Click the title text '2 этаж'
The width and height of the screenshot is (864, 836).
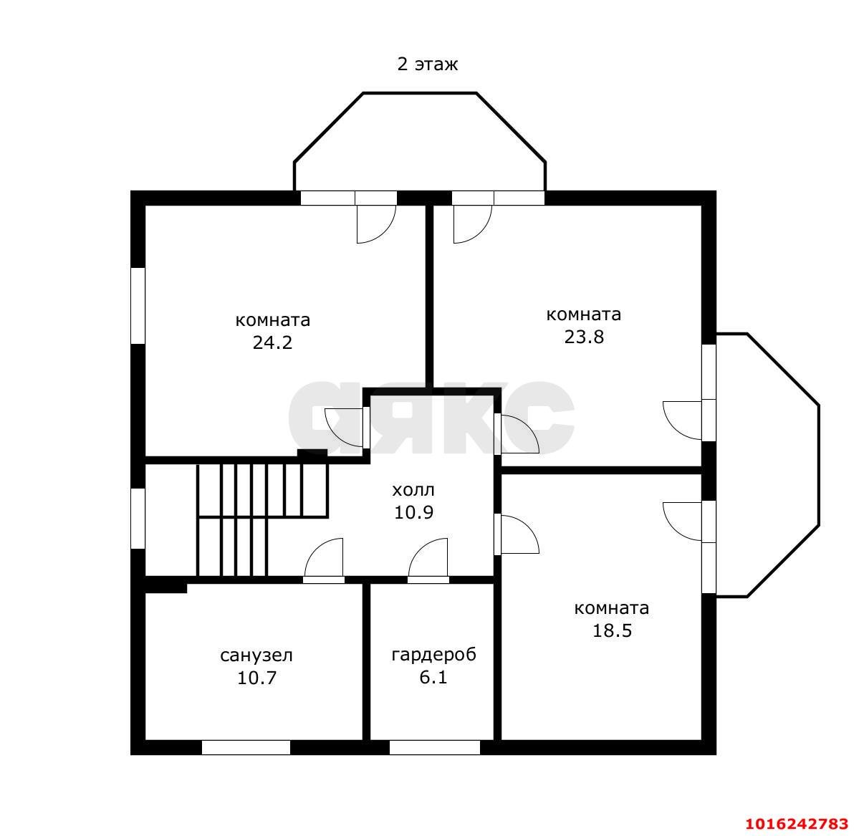427,64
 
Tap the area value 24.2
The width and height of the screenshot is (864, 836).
273,342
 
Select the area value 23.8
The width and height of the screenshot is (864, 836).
584,337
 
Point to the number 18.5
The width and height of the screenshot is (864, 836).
612,630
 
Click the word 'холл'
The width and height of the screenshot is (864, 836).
413,490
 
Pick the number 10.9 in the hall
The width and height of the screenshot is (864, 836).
413,513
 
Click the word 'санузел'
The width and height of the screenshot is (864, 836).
256,655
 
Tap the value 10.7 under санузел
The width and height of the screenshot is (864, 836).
256,678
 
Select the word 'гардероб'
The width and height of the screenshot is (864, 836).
433,654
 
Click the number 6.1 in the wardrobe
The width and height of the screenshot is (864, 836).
433,678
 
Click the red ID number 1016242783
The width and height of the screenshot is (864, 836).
797,824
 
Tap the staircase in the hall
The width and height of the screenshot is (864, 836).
263,519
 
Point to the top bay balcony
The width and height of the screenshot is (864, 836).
420,142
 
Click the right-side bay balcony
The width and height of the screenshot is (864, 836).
768,465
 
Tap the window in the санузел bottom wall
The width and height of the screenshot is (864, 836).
246,747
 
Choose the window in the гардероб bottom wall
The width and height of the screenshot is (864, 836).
435,747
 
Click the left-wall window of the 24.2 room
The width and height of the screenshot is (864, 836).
138,305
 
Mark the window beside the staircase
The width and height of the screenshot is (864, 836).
138,518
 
